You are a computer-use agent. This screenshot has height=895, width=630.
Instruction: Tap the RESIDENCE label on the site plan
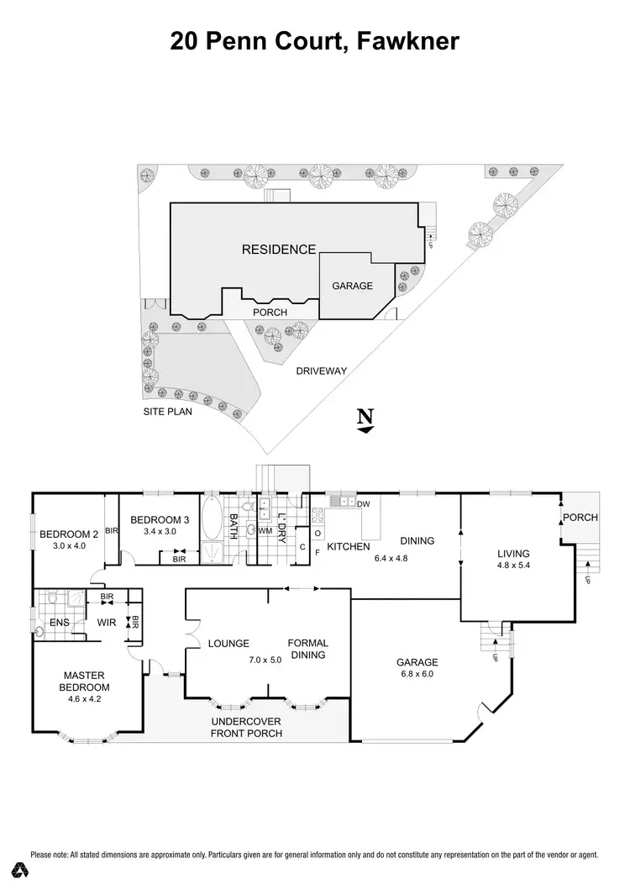tap(279, 249)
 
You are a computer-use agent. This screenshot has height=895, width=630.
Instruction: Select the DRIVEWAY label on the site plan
tap(320, 370)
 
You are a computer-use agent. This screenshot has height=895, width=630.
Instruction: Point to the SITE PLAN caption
tap(165, 413)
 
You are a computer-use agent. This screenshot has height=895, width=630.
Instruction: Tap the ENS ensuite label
tap(59, 623)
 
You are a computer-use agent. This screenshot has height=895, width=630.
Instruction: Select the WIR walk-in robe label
tap(107, 623)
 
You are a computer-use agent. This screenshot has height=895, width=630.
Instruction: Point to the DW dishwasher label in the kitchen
tap(364, 504)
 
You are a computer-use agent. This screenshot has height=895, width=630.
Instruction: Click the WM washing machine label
tap(265, 531)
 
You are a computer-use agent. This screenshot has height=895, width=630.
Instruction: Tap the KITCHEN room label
tap(349, 547)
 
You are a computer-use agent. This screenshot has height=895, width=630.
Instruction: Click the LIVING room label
tap(513, 553)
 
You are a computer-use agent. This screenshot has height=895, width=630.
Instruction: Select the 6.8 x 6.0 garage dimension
tap(417, 674)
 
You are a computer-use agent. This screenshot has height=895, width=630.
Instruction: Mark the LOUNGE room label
tap(229, 644)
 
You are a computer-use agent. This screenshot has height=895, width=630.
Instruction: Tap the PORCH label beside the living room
tap(580, 518)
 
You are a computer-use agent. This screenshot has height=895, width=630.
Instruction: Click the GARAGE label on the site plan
tap(352, 286)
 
